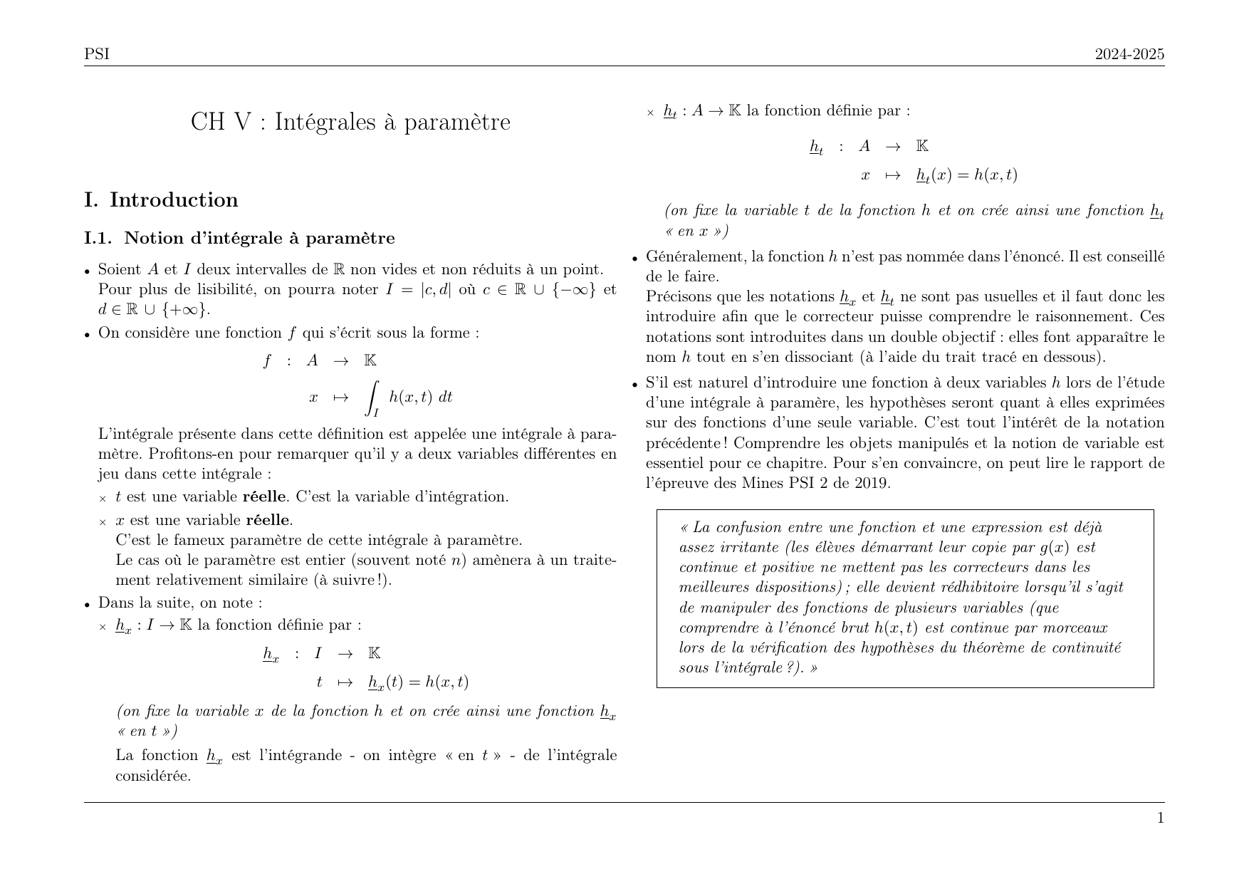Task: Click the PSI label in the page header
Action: click(97, 54)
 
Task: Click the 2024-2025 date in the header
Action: click(1129, 54)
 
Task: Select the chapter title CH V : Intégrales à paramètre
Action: click(350, 122)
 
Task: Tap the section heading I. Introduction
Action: click(161, 200)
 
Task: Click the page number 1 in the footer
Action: click(1161, 818)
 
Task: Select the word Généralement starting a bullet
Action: click(696, 256)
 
